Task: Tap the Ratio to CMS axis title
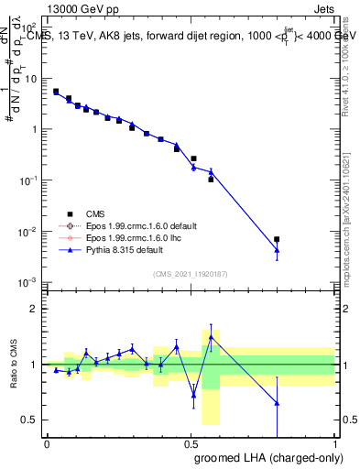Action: click(14, 365)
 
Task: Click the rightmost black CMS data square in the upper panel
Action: click(277, 239)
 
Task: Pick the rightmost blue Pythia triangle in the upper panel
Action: click(277, 250)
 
